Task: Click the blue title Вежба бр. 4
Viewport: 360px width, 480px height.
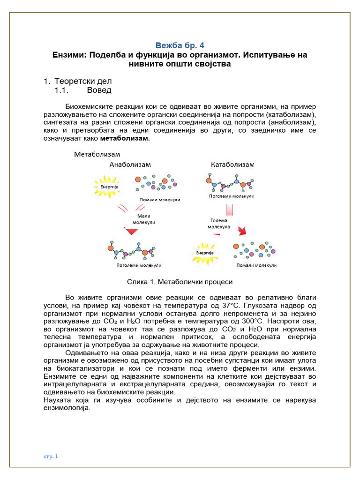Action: point(180,45)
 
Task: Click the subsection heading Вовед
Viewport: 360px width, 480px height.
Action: point(99,90)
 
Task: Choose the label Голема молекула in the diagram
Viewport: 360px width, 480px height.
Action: point(219,224)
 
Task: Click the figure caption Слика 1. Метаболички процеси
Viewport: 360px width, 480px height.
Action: point(180,282)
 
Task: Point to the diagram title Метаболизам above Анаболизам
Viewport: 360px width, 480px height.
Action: point(97,154)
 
